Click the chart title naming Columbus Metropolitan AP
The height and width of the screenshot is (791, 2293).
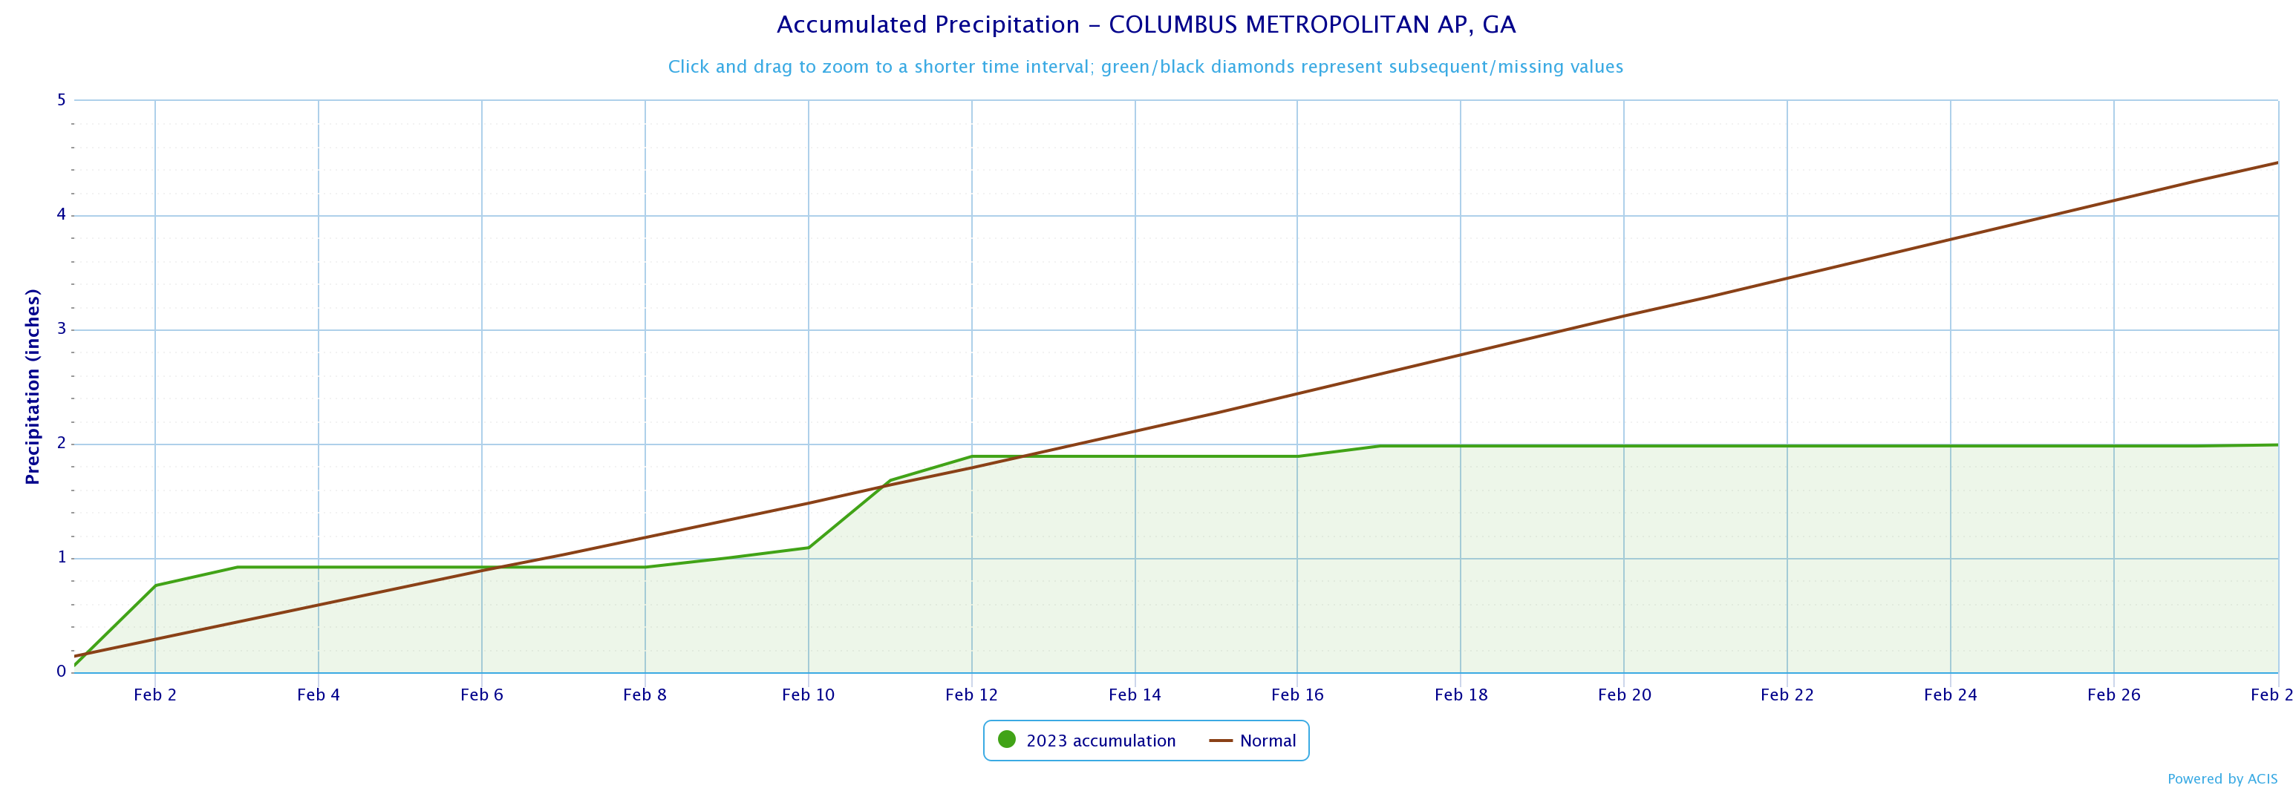(x=1146, y=25)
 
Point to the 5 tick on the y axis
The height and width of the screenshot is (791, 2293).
(x=62, y=99)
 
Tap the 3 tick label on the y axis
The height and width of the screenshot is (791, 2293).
(x=62, y=329)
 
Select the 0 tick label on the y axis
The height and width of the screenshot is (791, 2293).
(x=62, y=672)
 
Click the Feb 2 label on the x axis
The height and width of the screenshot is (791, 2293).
(x=155, y=695)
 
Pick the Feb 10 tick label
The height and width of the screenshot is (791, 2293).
(x=808, y=695)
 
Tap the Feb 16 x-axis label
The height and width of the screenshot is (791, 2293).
(x=1297, y=695)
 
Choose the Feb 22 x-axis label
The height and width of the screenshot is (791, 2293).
(x=1787, y=695)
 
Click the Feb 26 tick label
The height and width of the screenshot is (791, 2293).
(x=2113, y=695)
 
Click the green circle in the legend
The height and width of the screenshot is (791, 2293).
(x=1007, y=739)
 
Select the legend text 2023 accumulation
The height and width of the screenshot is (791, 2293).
(x=1100, y=741)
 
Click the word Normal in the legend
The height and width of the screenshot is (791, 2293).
(x=1268, y=741)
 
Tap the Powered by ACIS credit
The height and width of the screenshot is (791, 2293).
(x=2222, y=779)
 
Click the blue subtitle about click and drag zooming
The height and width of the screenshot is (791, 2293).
(x=1146, y=67)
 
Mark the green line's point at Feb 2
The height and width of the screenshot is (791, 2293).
(x=156, y=585)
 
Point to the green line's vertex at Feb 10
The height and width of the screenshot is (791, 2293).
(x=808, y=547)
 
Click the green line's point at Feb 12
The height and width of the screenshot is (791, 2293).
(x=972, y=456)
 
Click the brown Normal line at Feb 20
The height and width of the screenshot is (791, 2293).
(x=1624, y=316)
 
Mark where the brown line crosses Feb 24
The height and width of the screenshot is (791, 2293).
(x=1950, y=240)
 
